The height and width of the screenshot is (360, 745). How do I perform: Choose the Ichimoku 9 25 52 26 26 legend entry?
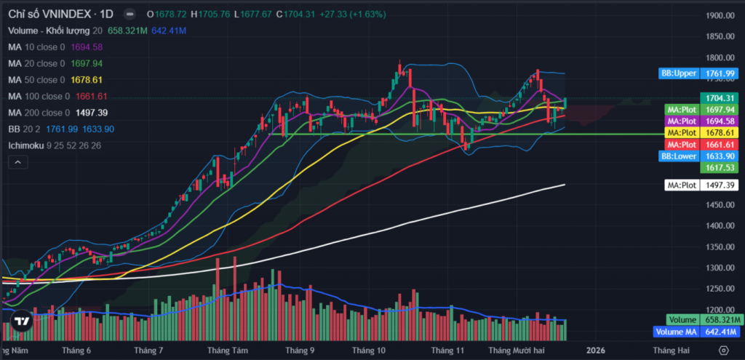click(55, 145)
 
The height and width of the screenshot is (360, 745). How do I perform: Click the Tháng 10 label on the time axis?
click(368, 350)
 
